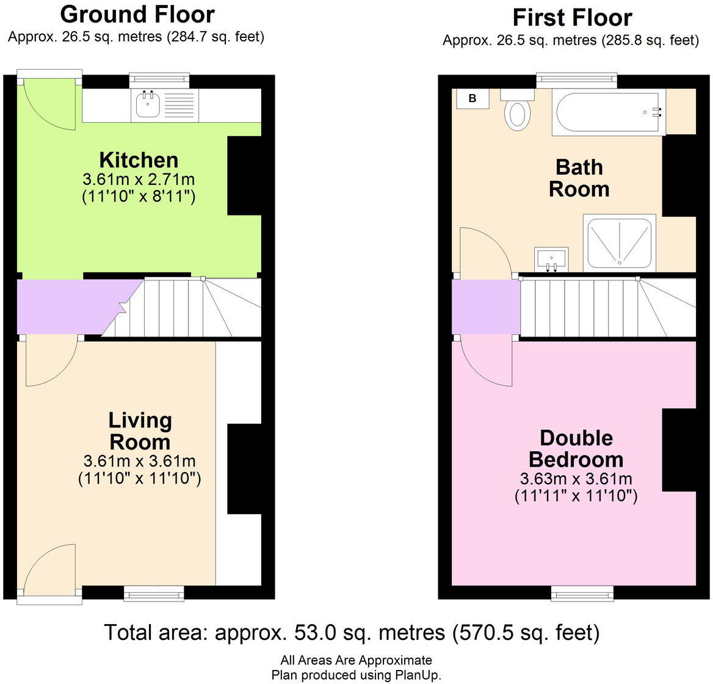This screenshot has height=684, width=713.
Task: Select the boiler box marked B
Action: [472, 98]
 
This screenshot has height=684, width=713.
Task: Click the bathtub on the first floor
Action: [607, 114]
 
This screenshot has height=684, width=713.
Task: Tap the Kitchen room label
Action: [139, 160]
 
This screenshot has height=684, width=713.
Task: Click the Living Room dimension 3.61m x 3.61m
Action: [139, 461]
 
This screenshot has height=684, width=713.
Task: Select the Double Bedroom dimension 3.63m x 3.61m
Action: [576, 478]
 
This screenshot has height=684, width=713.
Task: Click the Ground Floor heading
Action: [137, 14]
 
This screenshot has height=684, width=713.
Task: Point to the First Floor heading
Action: [572, 18]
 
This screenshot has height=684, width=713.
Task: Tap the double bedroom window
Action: [582, 592]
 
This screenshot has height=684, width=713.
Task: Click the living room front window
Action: [154, 592]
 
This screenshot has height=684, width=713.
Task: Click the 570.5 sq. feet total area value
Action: [525, 633]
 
